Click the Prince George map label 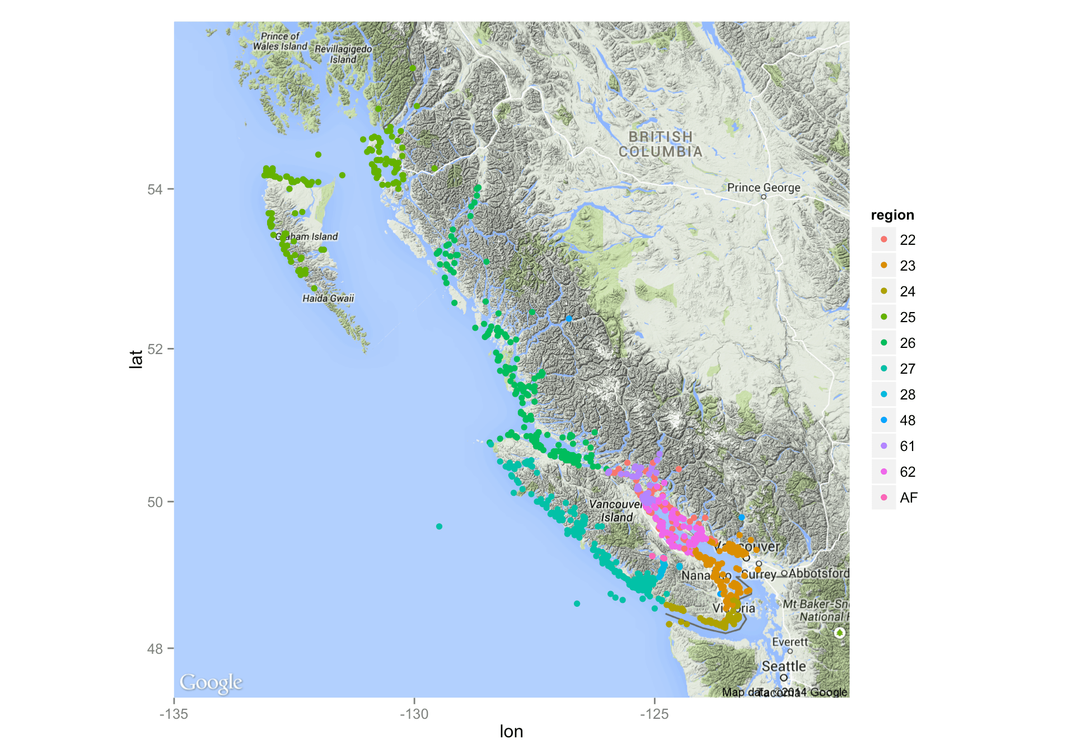tap(763, 188)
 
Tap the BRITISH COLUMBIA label tap(660, 144)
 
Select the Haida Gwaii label tap(328, 298)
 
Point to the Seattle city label tap(783, 666)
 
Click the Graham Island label tap(307, 236)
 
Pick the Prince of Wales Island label tap(280, 41)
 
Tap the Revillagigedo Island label tap(343, 54)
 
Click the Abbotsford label tap(819, 573)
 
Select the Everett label tap(789, 642)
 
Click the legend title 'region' tap(892, 215)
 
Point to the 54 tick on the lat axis tap(155, 189)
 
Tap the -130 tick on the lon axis tap(414, 714)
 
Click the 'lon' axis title tap(511, 732)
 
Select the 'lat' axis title tap(136, 359)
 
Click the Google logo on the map tap(211, 682)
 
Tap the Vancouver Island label tap(616, 510)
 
